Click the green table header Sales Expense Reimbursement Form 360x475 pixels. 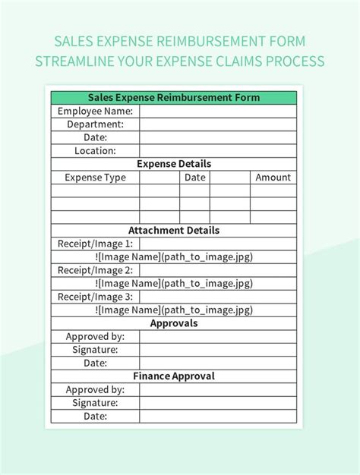(174, 98)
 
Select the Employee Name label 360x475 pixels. (95, 111)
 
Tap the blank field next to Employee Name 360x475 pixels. (218, 111)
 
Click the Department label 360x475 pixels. (95, 124)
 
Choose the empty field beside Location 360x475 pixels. (218, 151)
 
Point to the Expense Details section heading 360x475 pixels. (174, 164)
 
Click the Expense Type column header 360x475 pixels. (95, 178)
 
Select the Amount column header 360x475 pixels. (273, 178)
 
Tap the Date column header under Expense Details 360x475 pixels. (195, 178)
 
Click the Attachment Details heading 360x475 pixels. (174, 231)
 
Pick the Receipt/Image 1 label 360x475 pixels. (95, 244)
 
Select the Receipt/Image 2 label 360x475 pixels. (95, 270)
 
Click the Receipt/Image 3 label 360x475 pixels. (95, 297)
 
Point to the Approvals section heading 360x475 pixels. (174, 323)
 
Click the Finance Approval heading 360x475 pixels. (174, 376)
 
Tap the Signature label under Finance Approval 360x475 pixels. (95, 403)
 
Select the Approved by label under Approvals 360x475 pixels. (95, 337)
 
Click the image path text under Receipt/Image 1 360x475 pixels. (174, 257)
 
